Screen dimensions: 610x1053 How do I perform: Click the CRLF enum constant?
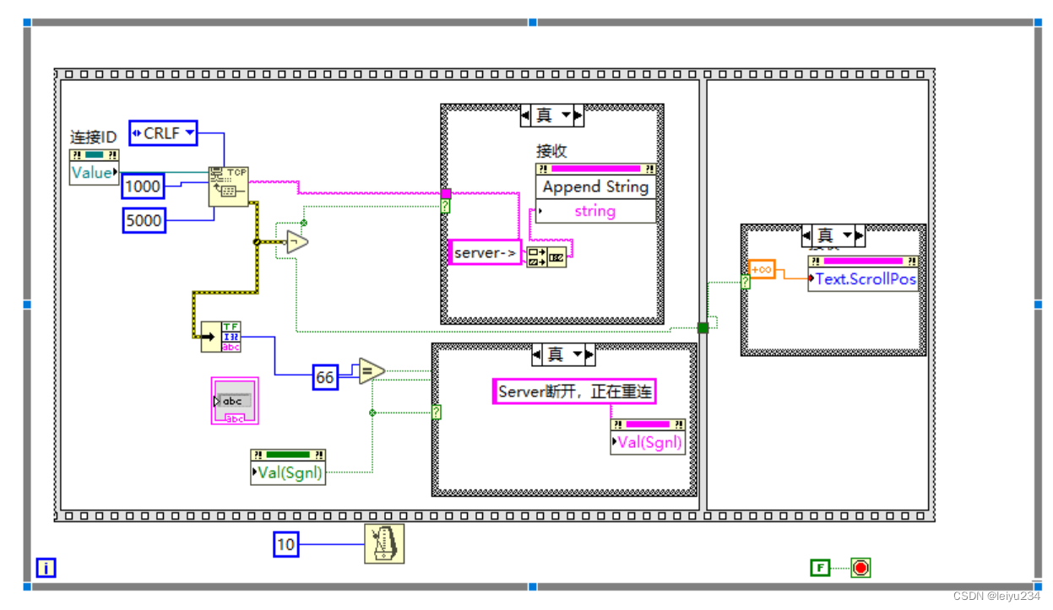[x=163, y=133]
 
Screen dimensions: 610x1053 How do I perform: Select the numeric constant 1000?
[x=143, y=186]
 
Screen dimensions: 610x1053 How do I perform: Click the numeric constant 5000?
[x=143, y=221]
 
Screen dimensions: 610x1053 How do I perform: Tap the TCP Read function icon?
[x=228, y=186]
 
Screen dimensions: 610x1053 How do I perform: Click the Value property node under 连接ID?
[x=93, y=173]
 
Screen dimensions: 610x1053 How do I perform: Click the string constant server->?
[x=485, y=253]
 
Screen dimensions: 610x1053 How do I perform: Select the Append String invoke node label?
[x=595, y=187]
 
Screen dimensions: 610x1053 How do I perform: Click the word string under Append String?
[x=595, y=211]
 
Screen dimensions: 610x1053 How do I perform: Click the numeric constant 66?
[x=325, y=377]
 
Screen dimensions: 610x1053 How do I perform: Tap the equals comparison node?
[x=372, y=370]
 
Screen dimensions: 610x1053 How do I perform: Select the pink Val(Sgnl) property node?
[x=649, y=442]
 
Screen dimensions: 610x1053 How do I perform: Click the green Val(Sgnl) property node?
[x=289, y=472]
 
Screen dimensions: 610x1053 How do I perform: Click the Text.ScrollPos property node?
[x=863, y=279]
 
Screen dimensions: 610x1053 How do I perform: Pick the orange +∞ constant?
[x=762, y=269]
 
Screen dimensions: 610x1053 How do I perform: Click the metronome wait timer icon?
[x=384, y=543]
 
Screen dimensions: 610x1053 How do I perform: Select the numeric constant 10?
[x=286, y=544]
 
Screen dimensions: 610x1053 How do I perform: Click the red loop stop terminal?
[x=860, y=568]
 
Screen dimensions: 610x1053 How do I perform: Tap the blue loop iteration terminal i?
[x=46, y=568]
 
